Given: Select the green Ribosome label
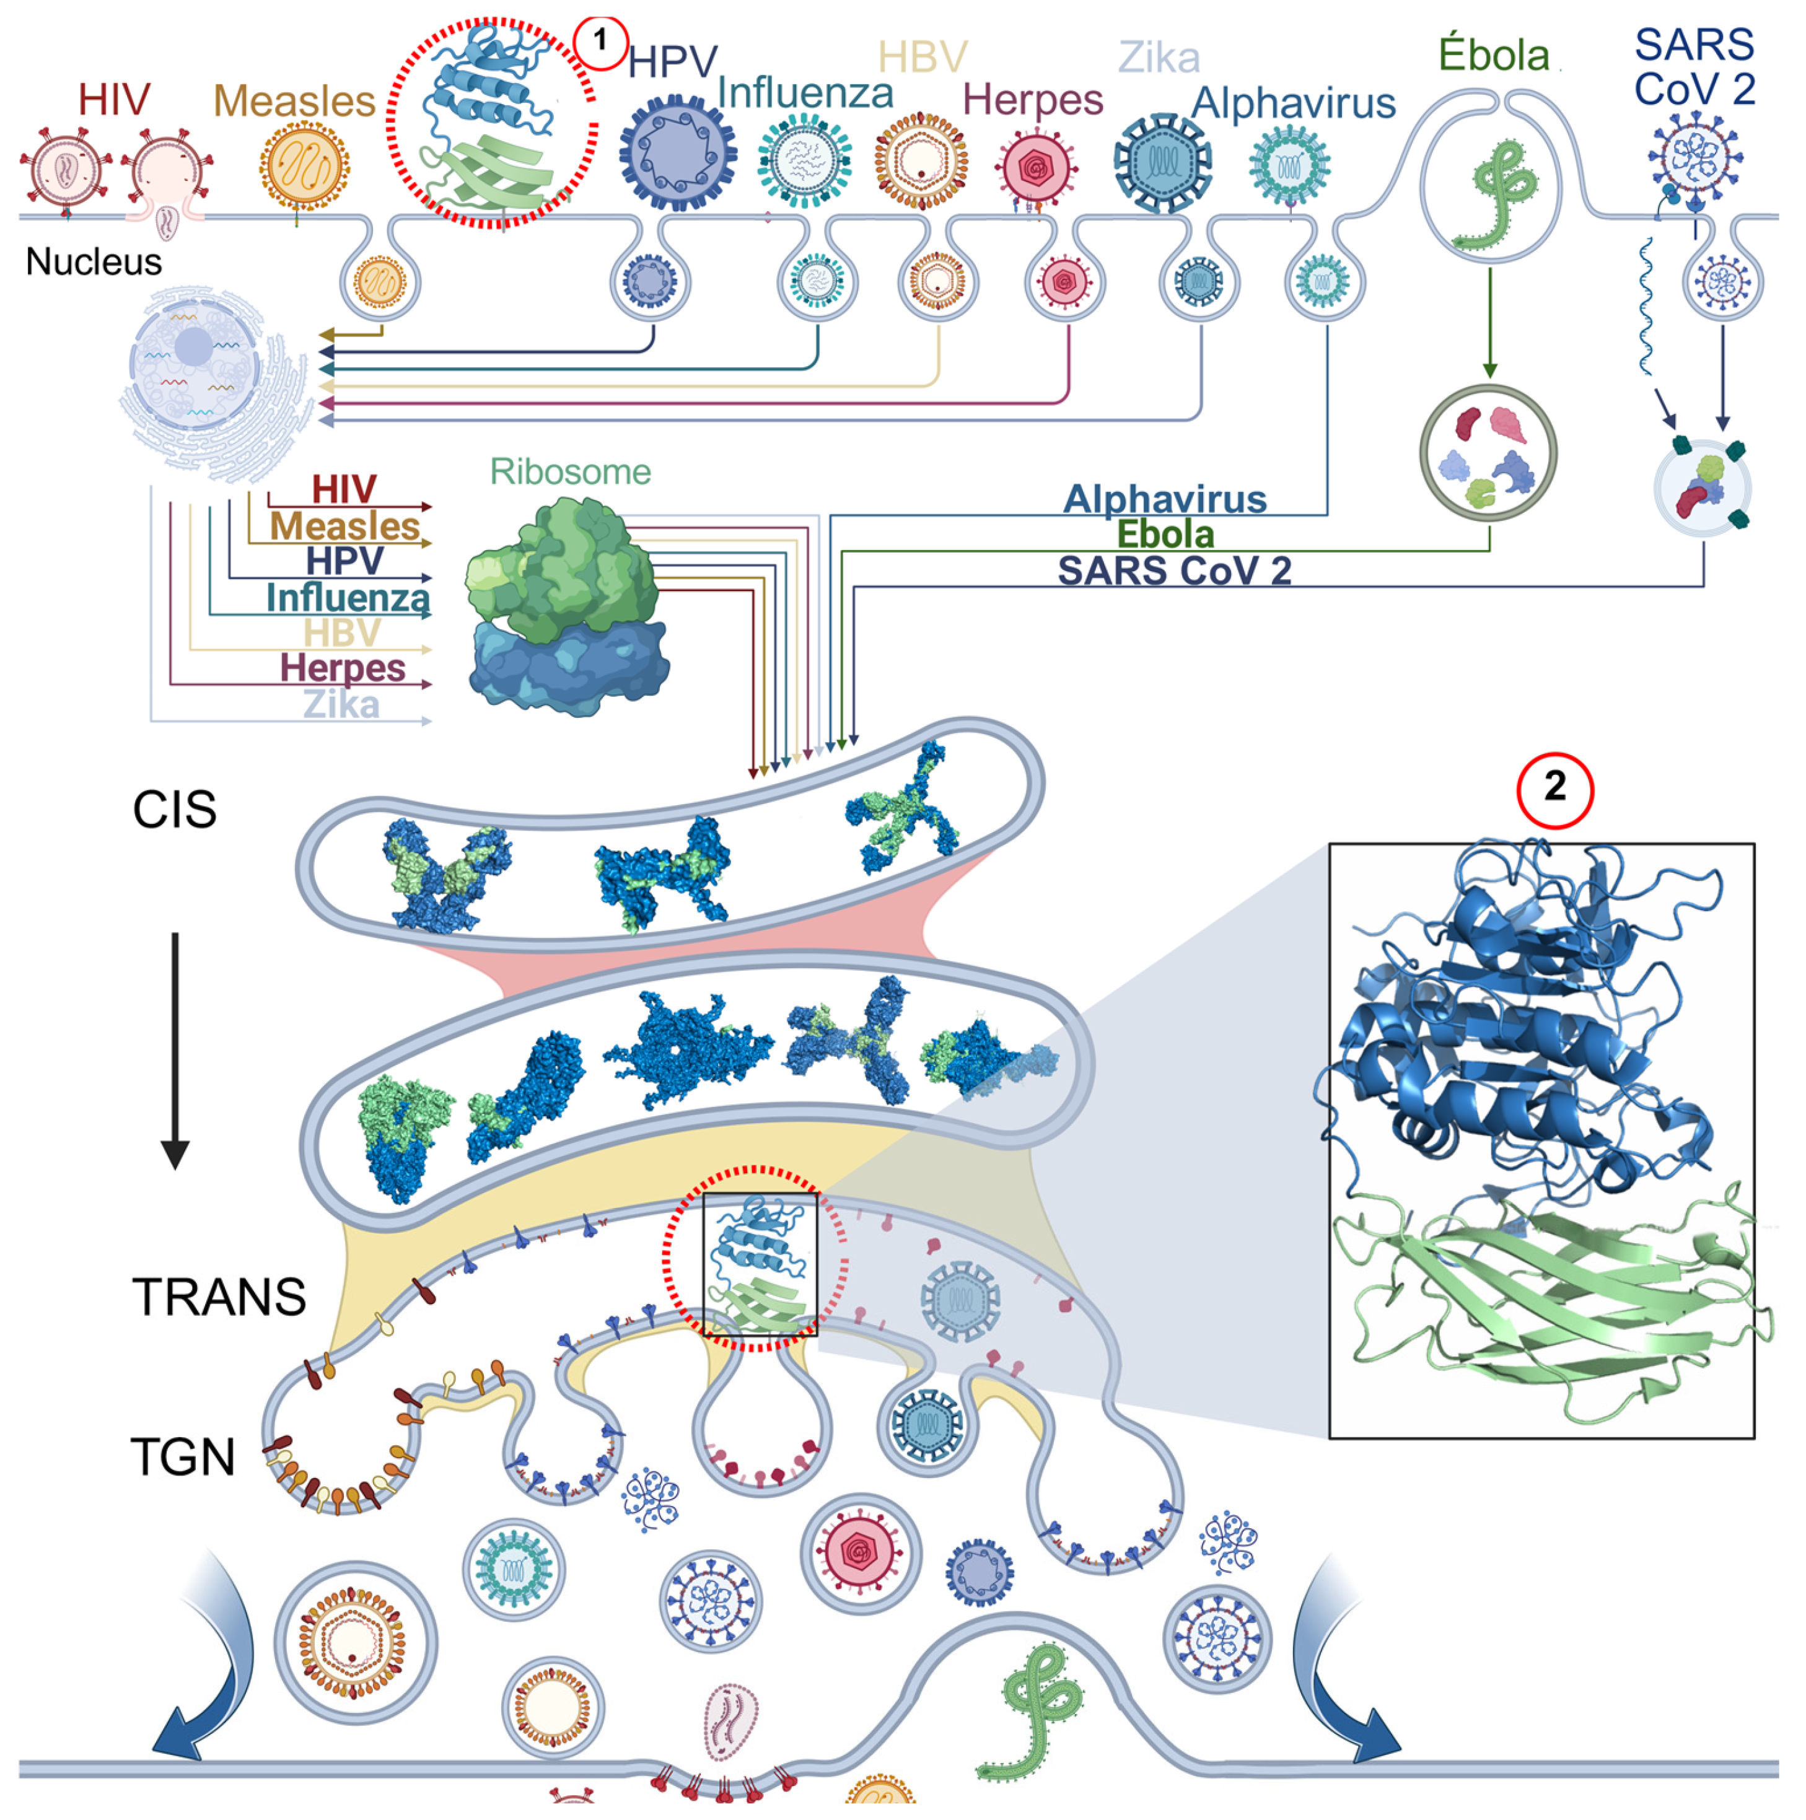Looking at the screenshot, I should [x=570, y=471].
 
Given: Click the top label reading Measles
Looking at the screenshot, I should [x=294, y=101].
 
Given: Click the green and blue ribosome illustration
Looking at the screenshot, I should [x=565, y=608].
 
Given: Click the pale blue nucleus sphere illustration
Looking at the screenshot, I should [x=195, y=362].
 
